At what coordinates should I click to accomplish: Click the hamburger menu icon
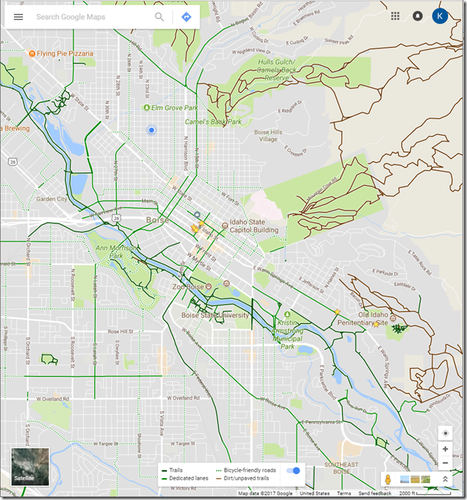coord(18,17)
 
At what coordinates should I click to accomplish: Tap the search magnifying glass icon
coord(159,17)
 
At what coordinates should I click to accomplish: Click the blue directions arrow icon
coord(187,17)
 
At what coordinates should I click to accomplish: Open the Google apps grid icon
coord(396,16)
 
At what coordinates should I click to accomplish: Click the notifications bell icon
coord(418,16)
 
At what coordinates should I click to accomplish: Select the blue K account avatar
coord(440,16)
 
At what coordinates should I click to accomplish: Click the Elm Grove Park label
coord(175,108)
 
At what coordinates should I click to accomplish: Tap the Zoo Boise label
coord(189,286)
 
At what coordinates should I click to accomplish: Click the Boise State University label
coord(215,315)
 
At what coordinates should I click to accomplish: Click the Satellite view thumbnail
coord(30,467)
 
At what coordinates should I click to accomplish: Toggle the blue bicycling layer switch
coord(293,470)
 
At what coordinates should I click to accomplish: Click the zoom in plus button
coord(445,449)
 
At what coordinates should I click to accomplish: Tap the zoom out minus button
coord(445,463)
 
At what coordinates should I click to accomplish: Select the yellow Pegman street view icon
coord(388,479)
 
